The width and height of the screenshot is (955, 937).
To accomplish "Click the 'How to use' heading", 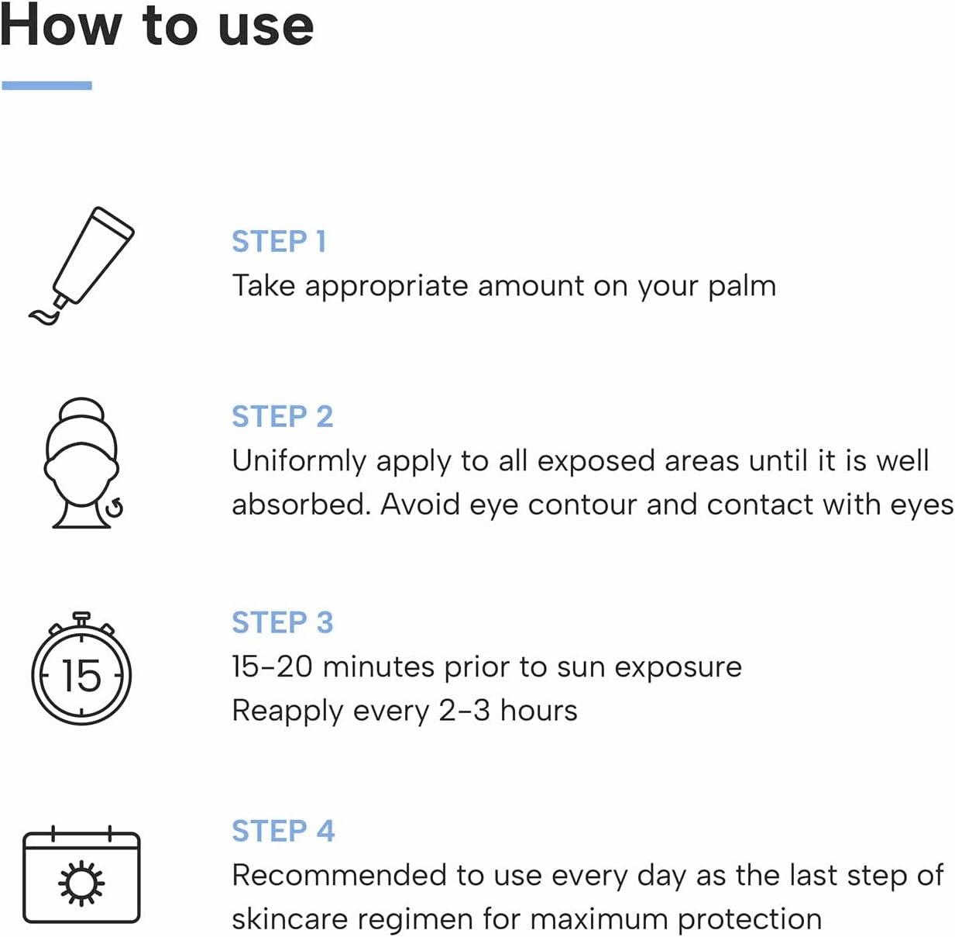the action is click(x=156, y=25).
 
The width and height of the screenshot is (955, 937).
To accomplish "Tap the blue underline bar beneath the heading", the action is click(x=47, y=85).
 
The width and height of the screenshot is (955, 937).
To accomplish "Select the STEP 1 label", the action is click(x=279, y=242).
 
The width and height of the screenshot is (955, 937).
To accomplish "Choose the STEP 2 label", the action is click(x=283, y=416).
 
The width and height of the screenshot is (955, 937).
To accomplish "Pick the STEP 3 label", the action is click(x=283, y=622).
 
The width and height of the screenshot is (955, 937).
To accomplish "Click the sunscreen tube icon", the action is click(x=81, y=266).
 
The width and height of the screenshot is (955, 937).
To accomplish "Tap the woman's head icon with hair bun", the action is click(x=83, y=463).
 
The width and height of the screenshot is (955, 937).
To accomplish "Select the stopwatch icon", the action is click(x=81, y=668).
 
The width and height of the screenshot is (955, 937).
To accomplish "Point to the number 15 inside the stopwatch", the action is click(x=81, y=676).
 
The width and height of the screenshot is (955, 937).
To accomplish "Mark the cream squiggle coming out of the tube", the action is click(x=43, y=316).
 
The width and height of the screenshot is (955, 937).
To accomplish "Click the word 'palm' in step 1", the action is click(x=742, y=288).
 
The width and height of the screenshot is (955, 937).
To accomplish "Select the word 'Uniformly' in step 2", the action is click(x=299, y=462).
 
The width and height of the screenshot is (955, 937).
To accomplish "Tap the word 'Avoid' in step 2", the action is click(x=421, y=505).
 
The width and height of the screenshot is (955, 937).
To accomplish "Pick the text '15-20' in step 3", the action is click(x=272, y=667).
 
